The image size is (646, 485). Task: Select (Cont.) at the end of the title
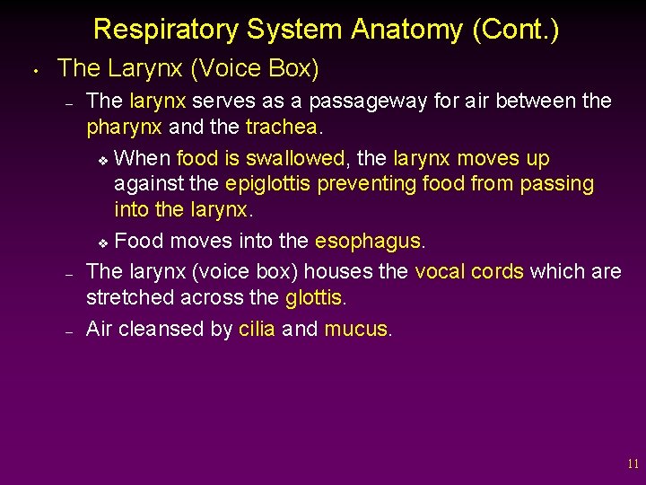click(516, 30)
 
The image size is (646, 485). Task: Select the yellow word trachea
click(281, 128)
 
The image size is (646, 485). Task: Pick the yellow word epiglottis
click(270, 184)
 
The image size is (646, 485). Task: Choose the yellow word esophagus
click(367, 241)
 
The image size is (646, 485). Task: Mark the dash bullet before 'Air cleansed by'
click(68, 331)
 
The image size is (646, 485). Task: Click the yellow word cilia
click(257, 329)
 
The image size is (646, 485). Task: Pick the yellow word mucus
click(355, 329)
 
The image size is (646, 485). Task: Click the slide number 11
click(633, 464)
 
